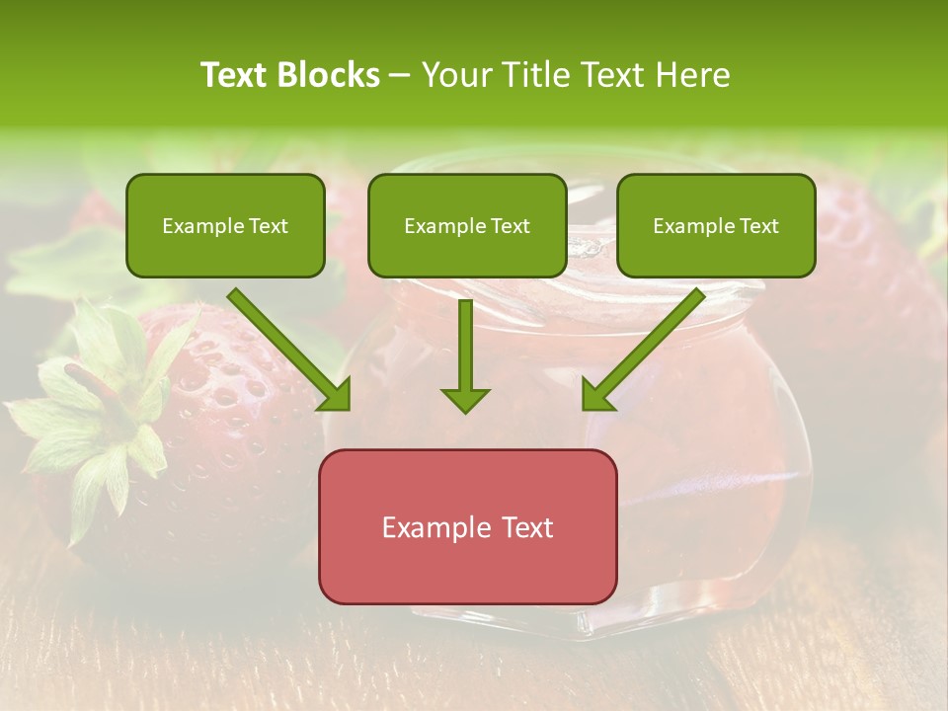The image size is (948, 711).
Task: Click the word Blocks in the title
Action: pos(331,75)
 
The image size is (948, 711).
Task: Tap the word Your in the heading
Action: pos(451,75)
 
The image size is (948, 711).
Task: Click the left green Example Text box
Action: pos(225,225)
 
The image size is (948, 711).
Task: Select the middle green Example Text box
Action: pos(467,225)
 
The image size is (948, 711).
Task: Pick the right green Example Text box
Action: pos(716,225)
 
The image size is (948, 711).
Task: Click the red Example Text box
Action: pos(467,526)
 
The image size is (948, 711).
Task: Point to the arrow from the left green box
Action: pos(286,346)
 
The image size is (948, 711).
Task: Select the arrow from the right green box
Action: pos(647,346)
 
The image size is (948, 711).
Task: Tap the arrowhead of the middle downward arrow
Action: pos(465,399)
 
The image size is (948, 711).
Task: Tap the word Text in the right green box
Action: pos(758,226)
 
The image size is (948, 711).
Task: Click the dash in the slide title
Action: pos(400,76)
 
